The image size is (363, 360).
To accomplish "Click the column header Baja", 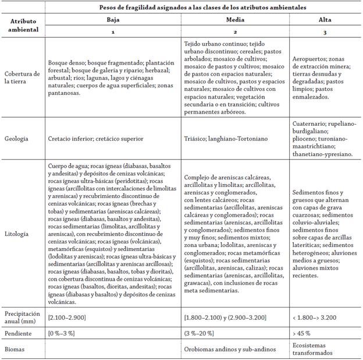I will [x=113, y=19].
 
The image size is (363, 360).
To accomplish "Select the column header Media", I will [x=235, y=19].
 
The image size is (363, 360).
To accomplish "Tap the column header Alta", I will [x=325, y=19].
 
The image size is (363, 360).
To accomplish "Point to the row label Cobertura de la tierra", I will [x=22, y=77].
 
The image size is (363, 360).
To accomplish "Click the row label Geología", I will [x=17, y=138].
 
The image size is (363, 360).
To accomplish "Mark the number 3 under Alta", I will [x=325, y=32].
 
